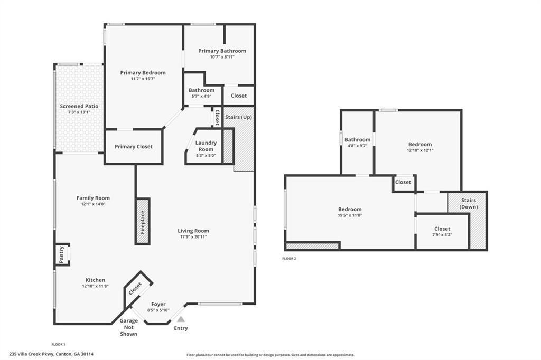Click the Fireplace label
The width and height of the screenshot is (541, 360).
tap(143, 222)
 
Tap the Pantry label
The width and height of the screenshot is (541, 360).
tap(61, 254)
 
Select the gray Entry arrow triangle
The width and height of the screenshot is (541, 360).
tap(181, 319)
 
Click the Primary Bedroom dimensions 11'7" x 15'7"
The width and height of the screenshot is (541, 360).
tap(143, 79)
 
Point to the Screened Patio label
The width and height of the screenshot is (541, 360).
tap(79, 106)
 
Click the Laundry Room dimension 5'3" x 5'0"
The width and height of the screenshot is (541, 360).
tap(206, 156)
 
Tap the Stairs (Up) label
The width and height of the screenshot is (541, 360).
tap(238, 117)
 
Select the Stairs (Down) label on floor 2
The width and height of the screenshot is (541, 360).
tap(469, 203)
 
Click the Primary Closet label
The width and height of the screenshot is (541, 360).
tap(134, 147)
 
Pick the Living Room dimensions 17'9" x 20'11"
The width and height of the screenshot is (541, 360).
tap(193, 237)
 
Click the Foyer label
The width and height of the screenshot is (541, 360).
tap(158, 304)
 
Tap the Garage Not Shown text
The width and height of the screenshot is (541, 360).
tap(129, 327)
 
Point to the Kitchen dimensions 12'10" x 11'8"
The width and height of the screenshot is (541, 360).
tap(96, 286)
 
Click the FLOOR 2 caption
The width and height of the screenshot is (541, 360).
tap(289, 259)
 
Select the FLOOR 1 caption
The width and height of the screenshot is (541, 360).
tap(58, 345)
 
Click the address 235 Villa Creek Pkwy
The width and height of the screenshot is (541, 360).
tap(32, 354)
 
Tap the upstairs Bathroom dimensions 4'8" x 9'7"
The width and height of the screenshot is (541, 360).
tap(358, 146)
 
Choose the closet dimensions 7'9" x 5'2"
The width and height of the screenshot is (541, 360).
tap(442, 235)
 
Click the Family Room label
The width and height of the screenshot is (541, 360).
tap(93, 198)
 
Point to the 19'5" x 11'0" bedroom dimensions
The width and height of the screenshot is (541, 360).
tap(350, 215)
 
